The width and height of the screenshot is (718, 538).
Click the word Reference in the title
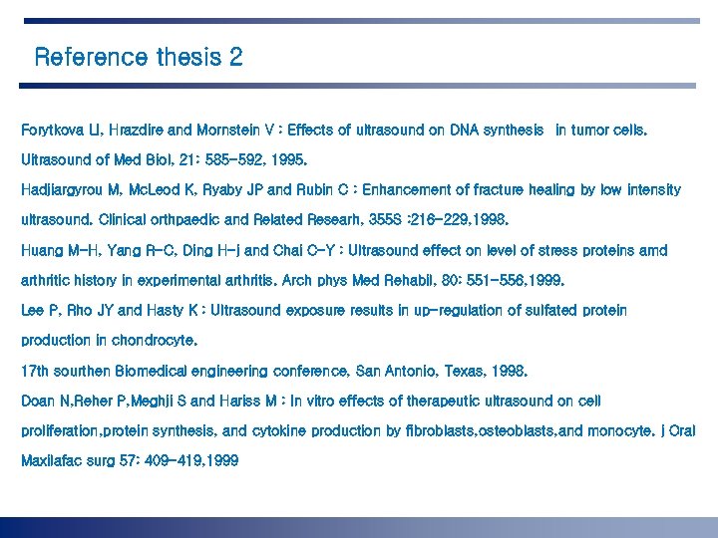(90, 57)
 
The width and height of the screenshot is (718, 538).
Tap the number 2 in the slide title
(235, 57)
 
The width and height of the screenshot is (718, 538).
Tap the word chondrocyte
(155, 341)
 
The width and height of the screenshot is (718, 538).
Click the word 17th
(35, 371)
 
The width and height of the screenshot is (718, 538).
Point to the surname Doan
(37, 401)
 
